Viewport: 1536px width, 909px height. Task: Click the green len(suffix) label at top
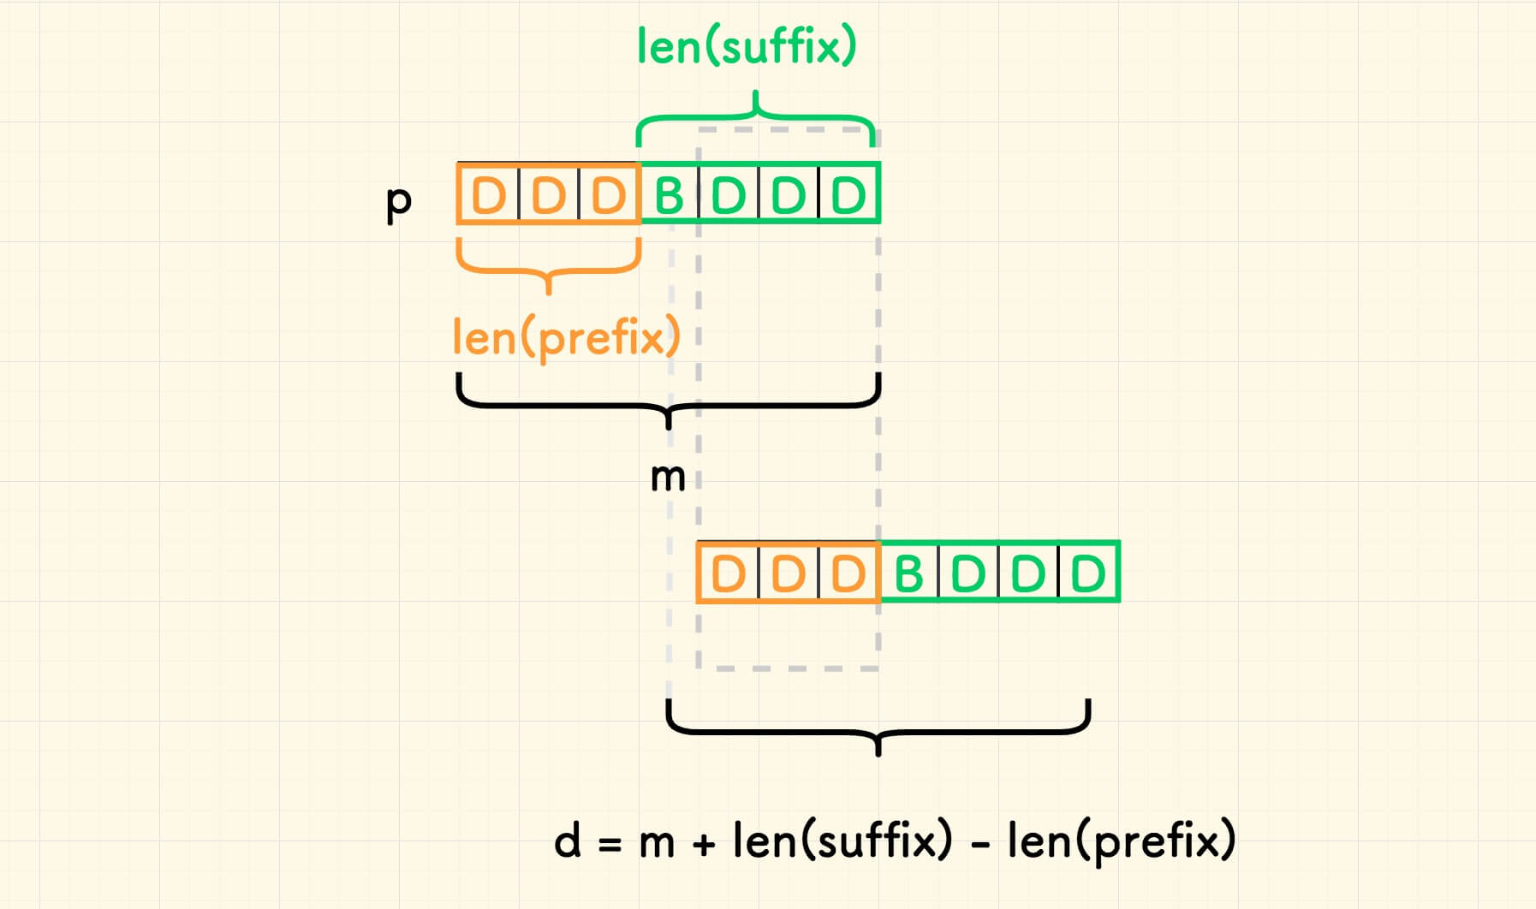(747, 46)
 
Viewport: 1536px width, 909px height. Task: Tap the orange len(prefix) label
(566, 337)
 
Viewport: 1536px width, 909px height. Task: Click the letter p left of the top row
(399, 203)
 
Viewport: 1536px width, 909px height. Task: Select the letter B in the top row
(670, 196)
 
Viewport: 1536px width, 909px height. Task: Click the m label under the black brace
(668, 478)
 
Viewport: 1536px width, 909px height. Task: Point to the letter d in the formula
(568, 841)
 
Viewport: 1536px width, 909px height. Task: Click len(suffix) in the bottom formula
(842, 841)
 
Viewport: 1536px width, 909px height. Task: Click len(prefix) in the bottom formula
(1122, 841)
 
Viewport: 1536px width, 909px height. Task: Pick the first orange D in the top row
(489, 196)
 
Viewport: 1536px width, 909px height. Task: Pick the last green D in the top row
(848, 196)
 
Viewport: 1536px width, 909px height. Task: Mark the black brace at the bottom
(878, 733)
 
